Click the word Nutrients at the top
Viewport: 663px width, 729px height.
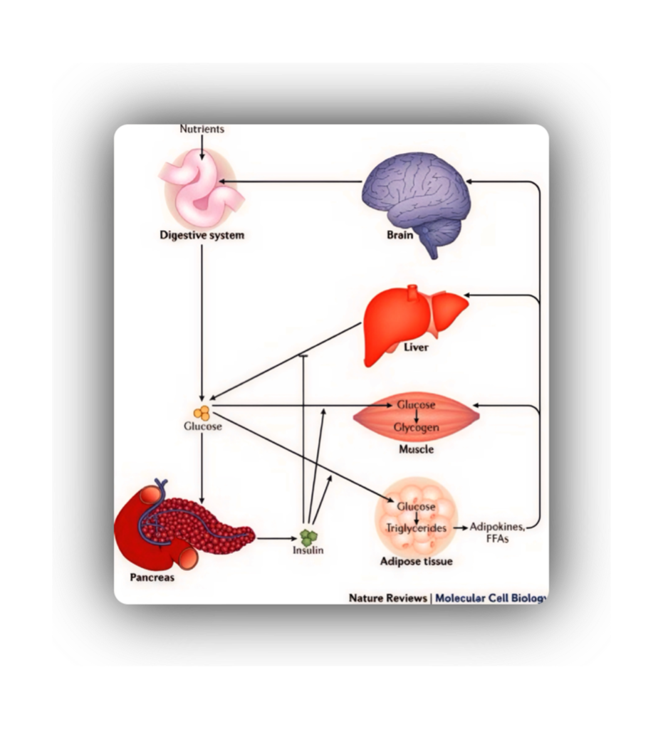(x=202, y=129)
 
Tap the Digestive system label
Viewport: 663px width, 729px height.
(x=202, y=235)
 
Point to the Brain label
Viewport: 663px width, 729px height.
(x=400, y=235)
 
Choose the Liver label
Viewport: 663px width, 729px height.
(x=416, y=348)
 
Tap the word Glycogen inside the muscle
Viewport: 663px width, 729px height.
(x=417, y=428)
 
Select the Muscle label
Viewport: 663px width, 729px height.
(x=417, y=449)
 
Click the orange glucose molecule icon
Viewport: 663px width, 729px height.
(x=202, y=411)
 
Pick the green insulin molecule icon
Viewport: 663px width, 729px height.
(x=308, y=537)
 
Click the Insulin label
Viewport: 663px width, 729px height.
(x=308, y=550)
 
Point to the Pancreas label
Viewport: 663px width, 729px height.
(x=152, y=577)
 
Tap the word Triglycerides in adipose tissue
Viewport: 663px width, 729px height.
(x=417, y=528)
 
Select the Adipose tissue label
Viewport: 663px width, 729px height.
(x=417, y=561)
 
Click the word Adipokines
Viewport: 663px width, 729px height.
(x=498, y=527)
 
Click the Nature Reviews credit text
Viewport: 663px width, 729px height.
(x=387, y=597)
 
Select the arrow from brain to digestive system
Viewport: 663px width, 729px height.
(x=292, y=182)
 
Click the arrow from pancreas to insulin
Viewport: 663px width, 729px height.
(x=274, y=538)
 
